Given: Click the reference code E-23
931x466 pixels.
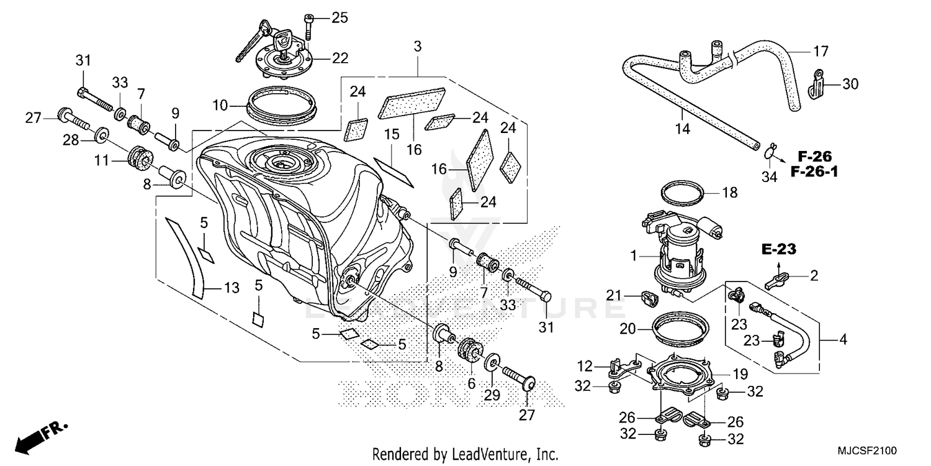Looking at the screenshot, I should pos(779,249).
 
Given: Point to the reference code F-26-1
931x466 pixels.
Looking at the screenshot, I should pos(814,171).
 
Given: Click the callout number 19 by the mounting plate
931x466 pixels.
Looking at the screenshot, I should pos(739,374).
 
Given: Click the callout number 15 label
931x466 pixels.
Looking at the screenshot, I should pos(391,134).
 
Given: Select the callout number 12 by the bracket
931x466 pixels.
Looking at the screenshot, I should pos(586,365).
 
